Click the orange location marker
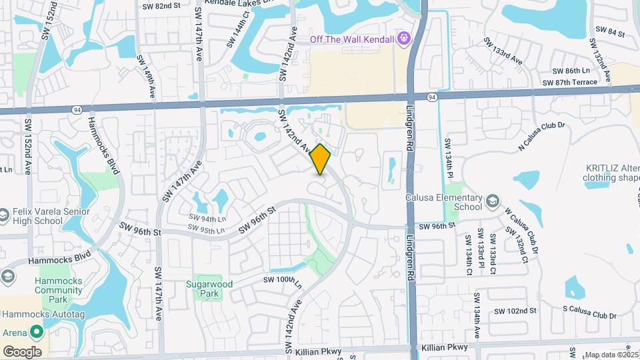click(321, 160)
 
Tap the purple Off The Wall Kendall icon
click(403, 39)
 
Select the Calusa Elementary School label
click(443, 202)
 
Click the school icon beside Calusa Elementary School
click(492, 201)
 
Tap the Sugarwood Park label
click(209, 289)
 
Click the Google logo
click(22, 352)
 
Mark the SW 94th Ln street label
click(207, 218)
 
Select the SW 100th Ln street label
click(283, 279)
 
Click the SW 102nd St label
click(515, 311)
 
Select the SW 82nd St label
click(161, 6)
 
